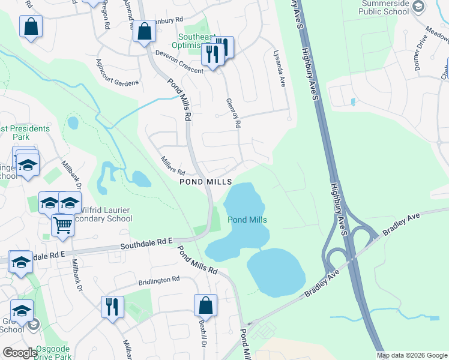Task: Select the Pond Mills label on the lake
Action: coord(247,220)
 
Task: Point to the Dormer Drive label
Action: coord(424,56)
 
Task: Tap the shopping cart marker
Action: coord(62,226)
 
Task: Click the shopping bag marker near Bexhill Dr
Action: coord(205,304)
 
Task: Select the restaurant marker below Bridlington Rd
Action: coord(112,307)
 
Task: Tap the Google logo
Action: coord(20,353)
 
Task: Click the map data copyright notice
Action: coord(412,355)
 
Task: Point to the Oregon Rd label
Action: coord(106,17)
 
